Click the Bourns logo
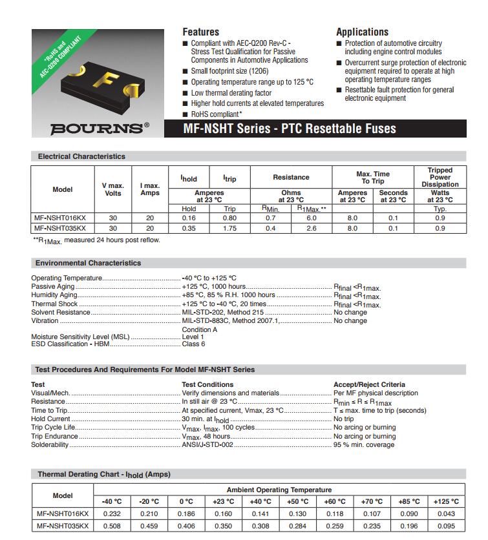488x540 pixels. point(99,128)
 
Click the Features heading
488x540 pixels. point(200,32)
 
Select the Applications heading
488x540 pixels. point(362,32)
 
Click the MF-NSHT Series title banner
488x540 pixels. point(290,129)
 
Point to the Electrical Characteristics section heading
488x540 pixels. point(81,156)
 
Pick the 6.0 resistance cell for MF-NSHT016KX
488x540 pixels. point(311,218)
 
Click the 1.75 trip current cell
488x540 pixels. point(229,228)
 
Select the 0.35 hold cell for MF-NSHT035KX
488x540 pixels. point(189,228)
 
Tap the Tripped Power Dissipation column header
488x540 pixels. point(440,177)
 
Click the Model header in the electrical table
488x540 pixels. point(63,189)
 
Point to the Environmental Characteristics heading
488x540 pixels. point(88,263)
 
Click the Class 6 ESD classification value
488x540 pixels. point(193,344)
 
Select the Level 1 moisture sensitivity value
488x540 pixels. point(193,337)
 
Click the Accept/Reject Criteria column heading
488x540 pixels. point(369,384)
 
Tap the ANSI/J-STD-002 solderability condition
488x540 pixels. point(207,444)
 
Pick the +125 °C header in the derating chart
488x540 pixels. point(445,501)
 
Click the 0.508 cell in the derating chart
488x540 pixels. point(112,526)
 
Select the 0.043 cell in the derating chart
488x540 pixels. point(445,514)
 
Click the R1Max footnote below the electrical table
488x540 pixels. point(96,240)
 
